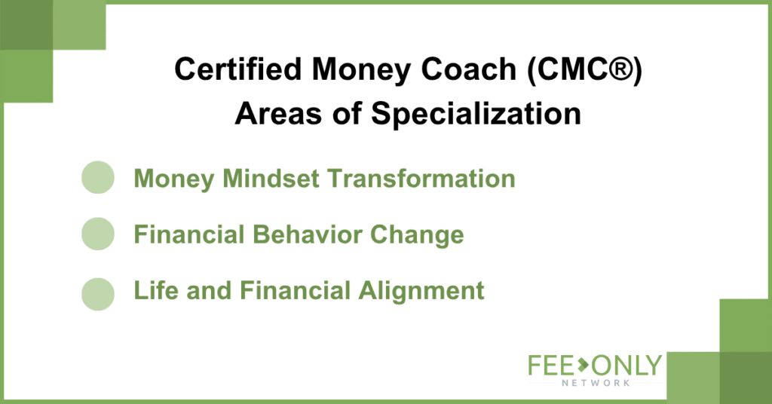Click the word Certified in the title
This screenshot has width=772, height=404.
(238, 69)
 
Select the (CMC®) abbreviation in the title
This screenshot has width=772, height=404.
(585, 69)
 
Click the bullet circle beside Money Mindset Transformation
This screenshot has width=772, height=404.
(98, 177)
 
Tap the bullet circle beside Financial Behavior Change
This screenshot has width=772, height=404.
(98, 234)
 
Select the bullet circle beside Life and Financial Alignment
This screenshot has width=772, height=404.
(98, 294)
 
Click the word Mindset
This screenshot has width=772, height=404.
(271, 178)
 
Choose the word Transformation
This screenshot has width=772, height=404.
(421, 178)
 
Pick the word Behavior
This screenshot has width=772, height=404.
(308, 234)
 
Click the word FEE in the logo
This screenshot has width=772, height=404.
(551, 366)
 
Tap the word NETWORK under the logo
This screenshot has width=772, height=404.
(596, 383)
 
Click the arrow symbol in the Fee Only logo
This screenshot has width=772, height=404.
(583, 365)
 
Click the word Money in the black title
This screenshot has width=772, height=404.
(361, 70)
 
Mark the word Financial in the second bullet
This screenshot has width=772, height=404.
(189, 234)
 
